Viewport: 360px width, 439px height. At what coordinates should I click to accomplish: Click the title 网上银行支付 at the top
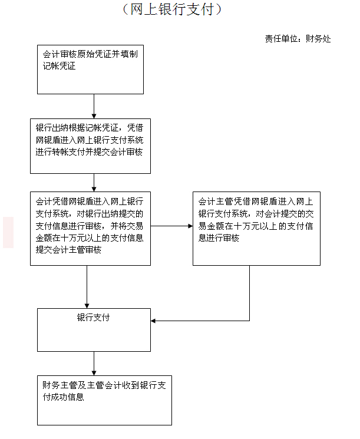pyautogui.click(x=172, y=9)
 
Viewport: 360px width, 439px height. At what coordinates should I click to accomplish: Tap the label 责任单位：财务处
pyautogui.click(x=298, y=39)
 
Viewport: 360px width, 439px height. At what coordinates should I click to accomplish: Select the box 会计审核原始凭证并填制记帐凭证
pyautogui.click(x=90, y=70)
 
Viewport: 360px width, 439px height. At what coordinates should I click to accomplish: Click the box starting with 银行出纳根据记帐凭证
pyautogui.click(x=90, y=146)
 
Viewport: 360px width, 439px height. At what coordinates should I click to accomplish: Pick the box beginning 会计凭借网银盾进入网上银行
pyautogui.click(x=90, y=229)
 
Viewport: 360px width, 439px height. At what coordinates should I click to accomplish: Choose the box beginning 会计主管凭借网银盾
pyautogui.click(x=256, y=229)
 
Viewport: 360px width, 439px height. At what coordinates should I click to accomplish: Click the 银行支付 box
pyautogui.click(x=94, y=330)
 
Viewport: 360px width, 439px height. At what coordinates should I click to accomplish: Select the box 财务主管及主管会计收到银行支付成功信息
pyautogui.click(x=104, y=400)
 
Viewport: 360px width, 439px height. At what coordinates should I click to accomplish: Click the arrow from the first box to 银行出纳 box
pyautogui.click(x=94, y=107)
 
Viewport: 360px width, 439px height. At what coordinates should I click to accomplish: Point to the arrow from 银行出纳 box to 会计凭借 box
pyautogui.click(x=94, y=183)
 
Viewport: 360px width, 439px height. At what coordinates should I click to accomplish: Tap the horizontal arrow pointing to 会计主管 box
pyautogui.click(x=171, y=226)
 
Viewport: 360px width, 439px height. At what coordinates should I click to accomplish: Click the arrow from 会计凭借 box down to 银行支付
pyautogui.click(x=87, y=287)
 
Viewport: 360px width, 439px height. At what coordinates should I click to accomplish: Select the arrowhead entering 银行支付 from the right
pyautogui.click(x=153, y=321)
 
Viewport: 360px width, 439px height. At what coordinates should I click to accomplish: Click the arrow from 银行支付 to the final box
pyautogui.click(x=94, y=364)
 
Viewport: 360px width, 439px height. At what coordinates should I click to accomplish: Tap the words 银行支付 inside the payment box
pyautogui.click(x=93, y=318)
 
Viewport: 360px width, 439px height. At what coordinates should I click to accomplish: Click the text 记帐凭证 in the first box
pyautogui.click(x=59, y=66)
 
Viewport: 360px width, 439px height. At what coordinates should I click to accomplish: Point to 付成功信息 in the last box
pyautogui.click(x=63, y=397)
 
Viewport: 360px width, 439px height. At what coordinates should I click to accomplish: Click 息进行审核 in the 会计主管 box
pyautogui.click(x=219, y=238)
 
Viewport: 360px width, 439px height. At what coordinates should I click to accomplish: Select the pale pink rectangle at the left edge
pyautogui.click(x=8, y=232)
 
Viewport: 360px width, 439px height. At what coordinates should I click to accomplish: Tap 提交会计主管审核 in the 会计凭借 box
pyautogui.click(x=68, y=249)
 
